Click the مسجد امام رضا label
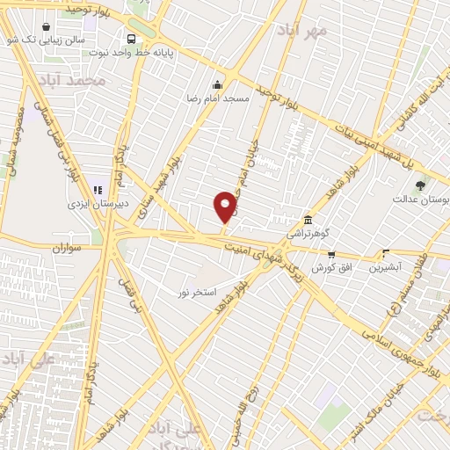click(x=217, y=98)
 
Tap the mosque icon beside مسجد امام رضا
click(x=217, y=84)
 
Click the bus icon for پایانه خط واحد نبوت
click(x=131, y=39)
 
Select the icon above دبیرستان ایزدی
click(x=98, y=189)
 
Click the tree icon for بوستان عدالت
click(x=420, y=185)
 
